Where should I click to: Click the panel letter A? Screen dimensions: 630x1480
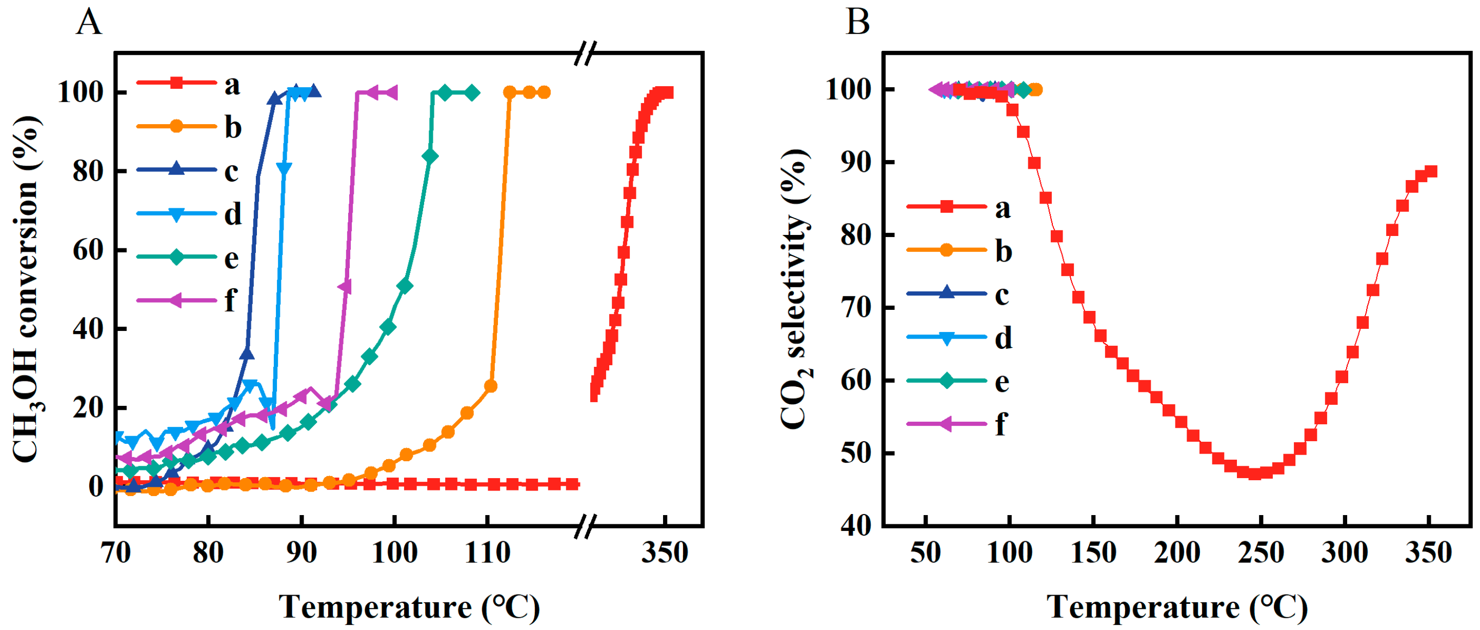89,23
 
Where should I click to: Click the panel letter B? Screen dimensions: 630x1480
857,23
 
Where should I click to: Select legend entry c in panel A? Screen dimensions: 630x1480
230,171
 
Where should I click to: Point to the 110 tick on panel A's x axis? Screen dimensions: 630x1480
487,553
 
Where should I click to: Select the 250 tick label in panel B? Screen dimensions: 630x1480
1261,553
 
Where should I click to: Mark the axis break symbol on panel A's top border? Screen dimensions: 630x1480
586,53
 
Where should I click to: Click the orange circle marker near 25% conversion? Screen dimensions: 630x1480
491,386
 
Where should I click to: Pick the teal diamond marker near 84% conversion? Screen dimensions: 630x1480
429,156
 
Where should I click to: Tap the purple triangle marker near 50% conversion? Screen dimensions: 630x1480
345,287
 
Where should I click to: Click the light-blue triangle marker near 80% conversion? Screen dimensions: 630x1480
283,168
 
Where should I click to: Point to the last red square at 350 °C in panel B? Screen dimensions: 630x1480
1431,171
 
